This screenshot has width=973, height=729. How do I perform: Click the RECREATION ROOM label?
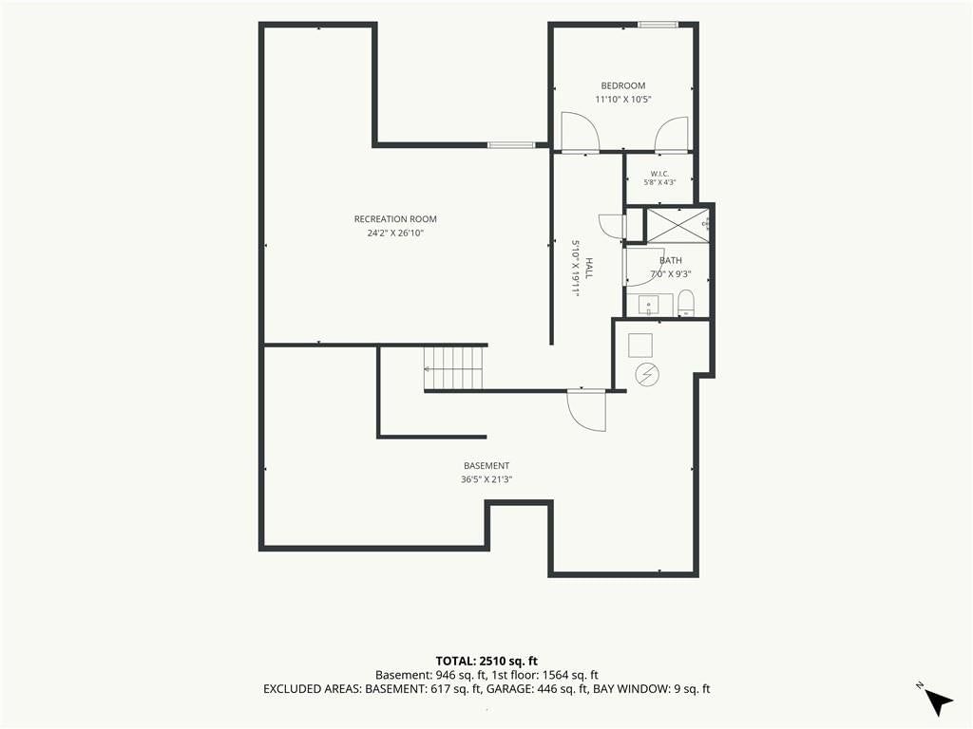pyautogui.click(x=395, y=219)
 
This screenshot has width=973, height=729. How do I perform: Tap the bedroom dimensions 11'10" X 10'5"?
pyautogui.click(x=623, y=99)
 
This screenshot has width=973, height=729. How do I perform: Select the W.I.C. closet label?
pyautogui.click(x=659, y=174)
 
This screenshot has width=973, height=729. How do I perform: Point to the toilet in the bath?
pyautogui.click(x=686, y=304)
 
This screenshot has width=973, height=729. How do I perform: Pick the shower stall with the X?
pyautogui.click(x=677, y=225)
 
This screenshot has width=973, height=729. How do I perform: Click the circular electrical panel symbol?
pyautogui.click(x=647, y=374)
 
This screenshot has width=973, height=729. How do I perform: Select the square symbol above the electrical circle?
pyautogui.click(x=640, y=346)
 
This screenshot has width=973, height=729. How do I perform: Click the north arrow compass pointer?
pyautogui.click(x=938, y=701)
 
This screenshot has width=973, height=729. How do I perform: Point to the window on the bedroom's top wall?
pyautogui.click(x=658, y=25)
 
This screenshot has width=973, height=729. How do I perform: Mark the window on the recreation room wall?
pyautogui.click(x=510, y=145)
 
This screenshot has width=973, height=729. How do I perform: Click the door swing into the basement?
pyautogui.click(x=586, y=410)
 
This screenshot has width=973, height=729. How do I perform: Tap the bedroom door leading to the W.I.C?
pyautogui.click(x=672, y=134)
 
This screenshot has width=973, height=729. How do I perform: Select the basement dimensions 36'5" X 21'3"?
pyautogui.click(x=486, y=479)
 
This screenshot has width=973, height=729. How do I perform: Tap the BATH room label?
pyautogui.click(x=670, y=260)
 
